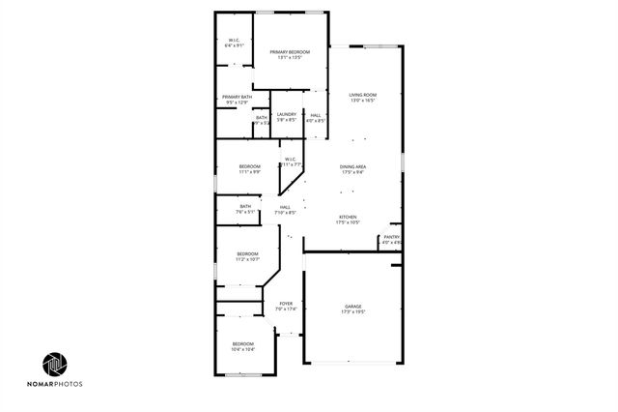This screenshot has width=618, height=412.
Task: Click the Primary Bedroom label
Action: [x=290, y=51]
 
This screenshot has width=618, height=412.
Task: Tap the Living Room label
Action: [x=362, y=95]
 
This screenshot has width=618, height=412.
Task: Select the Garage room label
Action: [x=352, y=307]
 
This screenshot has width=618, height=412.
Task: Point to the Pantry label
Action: [x=391, y=237]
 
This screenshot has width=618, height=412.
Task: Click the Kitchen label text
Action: [x=348, y=217]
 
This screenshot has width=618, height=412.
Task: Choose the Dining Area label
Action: [x=352, y=167]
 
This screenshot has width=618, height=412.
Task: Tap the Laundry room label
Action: [x=287, y=115]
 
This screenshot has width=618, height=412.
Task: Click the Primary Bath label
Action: [x=237, y=97]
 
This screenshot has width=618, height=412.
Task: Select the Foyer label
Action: [x=286, y=305]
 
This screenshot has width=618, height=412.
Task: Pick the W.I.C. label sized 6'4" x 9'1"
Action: [x=234, y=40]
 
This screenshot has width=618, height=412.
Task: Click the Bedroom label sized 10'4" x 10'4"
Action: [x=242, y=344]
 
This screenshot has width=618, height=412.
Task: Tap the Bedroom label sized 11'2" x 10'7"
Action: [x=248, y=254]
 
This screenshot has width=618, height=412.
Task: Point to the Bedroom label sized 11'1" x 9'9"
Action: [x=250, y=166]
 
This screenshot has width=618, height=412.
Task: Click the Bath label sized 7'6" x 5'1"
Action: [x=245, y=206]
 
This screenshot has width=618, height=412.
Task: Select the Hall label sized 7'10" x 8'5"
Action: [x=286, y=207]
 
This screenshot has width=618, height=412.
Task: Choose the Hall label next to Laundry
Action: [x=316, y=115]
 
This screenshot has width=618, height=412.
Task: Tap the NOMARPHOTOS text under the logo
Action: [x=55, y=385]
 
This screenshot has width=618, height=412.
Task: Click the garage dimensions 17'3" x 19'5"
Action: [x=352, y=312]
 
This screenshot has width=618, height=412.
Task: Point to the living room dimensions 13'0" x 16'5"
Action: [x=362, y=101]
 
